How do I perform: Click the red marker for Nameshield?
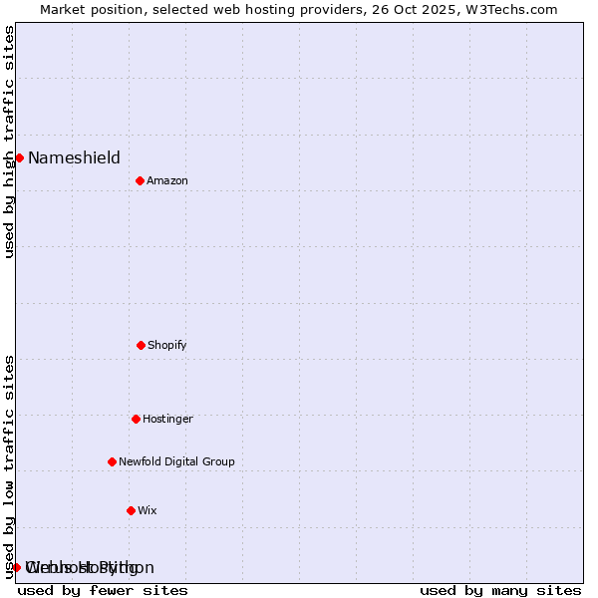19,157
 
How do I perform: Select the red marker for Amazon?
140,180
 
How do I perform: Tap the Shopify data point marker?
141,345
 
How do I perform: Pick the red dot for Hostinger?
136,419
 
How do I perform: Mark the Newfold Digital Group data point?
112,461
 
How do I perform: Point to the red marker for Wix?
131,510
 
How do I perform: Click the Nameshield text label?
74,157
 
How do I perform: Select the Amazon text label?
167,180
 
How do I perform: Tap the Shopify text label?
167,345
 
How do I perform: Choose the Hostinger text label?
167,419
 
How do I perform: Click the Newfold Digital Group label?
176,461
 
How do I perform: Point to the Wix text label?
148,510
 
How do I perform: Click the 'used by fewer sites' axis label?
103,590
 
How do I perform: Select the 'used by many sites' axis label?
500,590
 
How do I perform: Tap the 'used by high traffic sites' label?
9,142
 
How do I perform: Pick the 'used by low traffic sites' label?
9,466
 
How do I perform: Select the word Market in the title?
65,9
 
